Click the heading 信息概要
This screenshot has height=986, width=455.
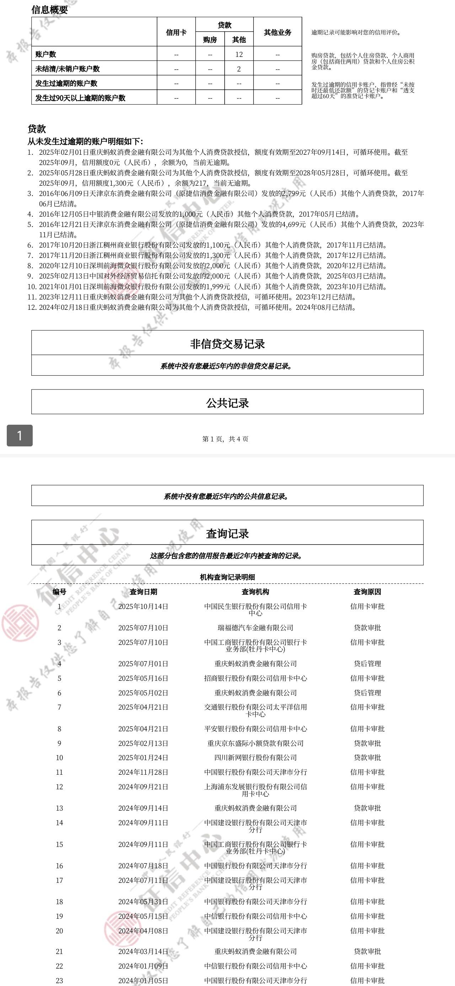(x=49, y=10)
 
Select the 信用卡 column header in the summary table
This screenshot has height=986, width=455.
(x=176, y=32)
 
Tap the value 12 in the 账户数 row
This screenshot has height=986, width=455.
(x=239, y=54)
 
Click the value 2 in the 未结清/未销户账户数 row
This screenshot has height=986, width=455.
(x=239, y=69)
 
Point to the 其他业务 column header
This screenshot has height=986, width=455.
(x=277, y=32)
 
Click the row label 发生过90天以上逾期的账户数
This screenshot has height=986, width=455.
(x=80, y=97)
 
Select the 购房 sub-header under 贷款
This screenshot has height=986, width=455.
(x=210, y=39)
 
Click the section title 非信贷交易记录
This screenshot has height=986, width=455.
(x=227, y=344)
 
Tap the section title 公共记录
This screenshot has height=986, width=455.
(x=227, y=403)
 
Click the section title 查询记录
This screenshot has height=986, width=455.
(x=227, y=533)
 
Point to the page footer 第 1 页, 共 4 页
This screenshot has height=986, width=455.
(x=225, y=439)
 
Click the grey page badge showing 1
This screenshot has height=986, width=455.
(x=20, y=435)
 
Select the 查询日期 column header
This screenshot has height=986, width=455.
(x=143, y=592)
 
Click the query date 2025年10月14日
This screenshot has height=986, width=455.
(x=143, y=606)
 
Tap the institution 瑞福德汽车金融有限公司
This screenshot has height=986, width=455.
(x=255, y=628)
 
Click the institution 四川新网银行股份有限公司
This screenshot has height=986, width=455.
(x=255, y=758)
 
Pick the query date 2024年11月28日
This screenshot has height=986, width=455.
(x=143, y=772)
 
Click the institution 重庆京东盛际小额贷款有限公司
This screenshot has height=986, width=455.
(x=255, y=743)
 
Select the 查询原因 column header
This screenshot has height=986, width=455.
(x=367, y=592)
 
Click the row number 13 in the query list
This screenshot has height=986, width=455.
(x=59, y=808)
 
